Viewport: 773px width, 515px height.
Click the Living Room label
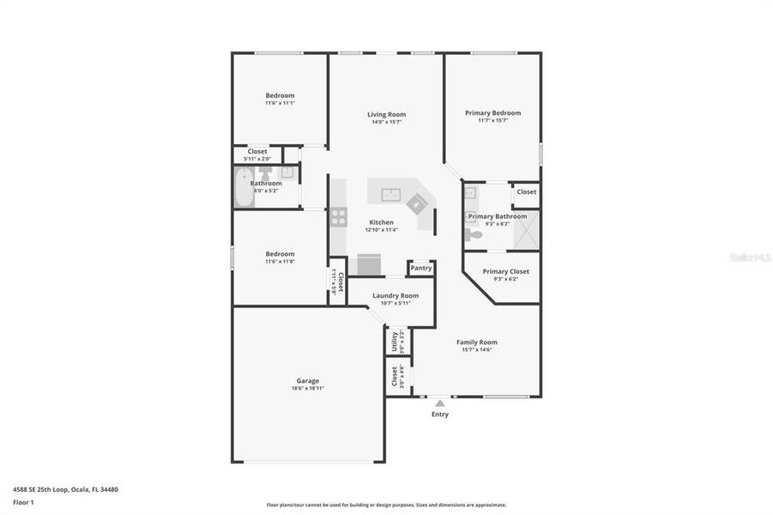coord(386,114)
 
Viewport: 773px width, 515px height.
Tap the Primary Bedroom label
coord(492,112)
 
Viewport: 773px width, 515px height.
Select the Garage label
coord(308,380)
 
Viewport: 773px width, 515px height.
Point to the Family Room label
coord(476,342)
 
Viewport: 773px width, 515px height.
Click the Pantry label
coord(420,268)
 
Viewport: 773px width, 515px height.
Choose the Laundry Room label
coord(395,295)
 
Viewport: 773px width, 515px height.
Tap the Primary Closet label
coord(505,271)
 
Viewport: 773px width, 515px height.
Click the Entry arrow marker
coord(439,402)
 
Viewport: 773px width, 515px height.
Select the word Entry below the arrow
coord(439,414)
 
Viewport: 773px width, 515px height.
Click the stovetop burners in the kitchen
coord(338,217)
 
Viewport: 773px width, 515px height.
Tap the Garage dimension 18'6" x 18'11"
coord(308,388)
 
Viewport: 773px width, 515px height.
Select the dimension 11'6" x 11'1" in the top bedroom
coord(280,103)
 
